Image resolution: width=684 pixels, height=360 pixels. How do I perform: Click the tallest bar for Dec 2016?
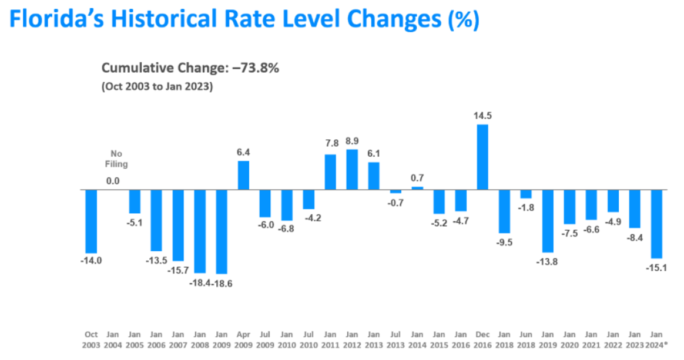tap(482, 157)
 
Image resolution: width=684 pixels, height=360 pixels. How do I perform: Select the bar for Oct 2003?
tap(91, 221)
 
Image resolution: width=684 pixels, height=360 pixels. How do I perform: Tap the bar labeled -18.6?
tap(222, 231)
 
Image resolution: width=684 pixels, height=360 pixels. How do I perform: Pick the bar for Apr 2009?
tap(243, 175)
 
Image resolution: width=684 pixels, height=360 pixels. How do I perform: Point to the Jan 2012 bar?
tap(352, 170)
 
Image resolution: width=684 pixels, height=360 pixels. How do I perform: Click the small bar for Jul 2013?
tap(395, 191)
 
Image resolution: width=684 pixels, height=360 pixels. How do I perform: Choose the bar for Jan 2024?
tap(656, 224)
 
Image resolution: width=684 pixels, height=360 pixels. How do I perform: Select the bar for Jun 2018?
tap(526, 194)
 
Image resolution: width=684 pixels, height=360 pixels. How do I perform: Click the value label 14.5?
tap(482, 116)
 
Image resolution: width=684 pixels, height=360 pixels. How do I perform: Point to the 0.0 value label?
tap(113, 181)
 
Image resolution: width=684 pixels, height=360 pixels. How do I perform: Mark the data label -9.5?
tap(504, 242)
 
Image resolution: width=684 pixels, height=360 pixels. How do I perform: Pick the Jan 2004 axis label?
tap(113, 340)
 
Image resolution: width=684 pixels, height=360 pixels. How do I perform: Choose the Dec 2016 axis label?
tap(482, 340)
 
